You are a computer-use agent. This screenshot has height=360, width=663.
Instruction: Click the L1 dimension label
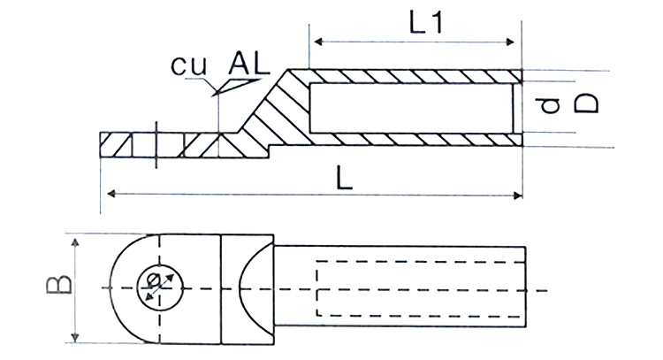click(426, 22)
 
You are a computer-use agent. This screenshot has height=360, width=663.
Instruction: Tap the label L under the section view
click(344, 178)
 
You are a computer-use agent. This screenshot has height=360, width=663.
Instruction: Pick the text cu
click(189, 65)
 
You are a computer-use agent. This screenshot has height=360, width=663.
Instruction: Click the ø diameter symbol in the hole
click(154, 280)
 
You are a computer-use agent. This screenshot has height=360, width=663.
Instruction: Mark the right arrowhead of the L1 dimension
click(510, 42)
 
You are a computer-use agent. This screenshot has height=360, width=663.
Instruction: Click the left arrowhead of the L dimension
click(111, 194)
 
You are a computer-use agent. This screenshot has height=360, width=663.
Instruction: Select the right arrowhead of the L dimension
click(517, 195)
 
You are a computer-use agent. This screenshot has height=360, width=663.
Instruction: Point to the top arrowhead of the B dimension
click(75, 242)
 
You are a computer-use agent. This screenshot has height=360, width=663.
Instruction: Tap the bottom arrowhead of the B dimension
click(75, 337)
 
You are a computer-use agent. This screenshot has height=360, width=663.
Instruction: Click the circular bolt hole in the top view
click(160, 265)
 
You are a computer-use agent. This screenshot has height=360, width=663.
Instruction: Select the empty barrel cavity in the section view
click(411, 108)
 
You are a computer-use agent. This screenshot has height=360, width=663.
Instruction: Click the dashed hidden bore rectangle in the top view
click(316, 289)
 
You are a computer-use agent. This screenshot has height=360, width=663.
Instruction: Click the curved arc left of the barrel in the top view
click(240, 289)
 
